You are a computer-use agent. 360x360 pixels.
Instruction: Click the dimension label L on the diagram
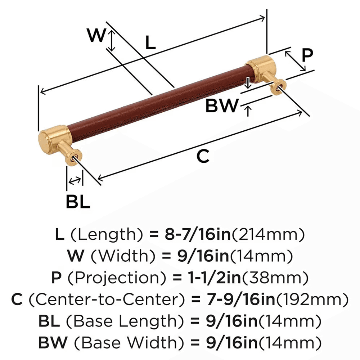point(150,43)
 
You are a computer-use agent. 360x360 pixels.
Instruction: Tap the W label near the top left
point(96,36)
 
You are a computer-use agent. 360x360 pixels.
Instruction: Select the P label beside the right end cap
point(307,56)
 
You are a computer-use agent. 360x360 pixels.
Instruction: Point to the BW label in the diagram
point(222,106)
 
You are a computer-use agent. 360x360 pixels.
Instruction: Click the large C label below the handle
point(203,157)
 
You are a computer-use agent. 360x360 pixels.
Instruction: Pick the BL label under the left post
point(78,202)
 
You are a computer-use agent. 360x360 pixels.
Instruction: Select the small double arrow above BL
point(75,181)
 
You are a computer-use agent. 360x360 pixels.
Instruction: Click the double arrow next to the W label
point(112,40)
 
